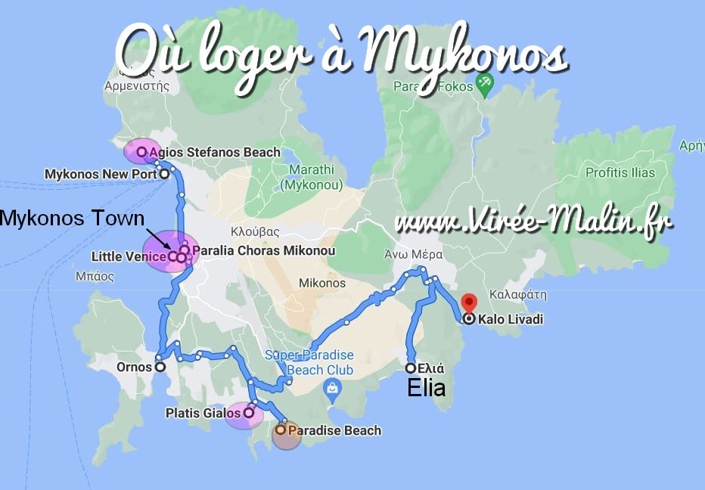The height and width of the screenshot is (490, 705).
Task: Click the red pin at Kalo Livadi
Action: (x=468, y=303)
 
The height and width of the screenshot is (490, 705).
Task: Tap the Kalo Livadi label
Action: (x=511, y=319)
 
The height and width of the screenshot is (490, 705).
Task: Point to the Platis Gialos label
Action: (x=202, y=413)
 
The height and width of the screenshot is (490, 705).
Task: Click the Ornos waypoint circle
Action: (x=160, y=367)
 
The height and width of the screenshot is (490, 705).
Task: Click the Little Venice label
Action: (x=128, y=256)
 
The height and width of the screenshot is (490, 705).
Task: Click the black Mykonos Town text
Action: (x=72, y=219)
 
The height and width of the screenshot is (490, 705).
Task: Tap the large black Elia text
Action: (x=426, y=389)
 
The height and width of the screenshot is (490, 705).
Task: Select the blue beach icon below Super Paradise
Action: (x=331, y=389)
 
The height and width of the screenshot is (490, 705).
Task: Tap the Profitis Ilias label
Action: (x=620, y=172)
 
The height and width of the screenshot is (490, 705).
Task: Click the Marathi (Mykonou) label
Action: (x=311, y=178)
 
